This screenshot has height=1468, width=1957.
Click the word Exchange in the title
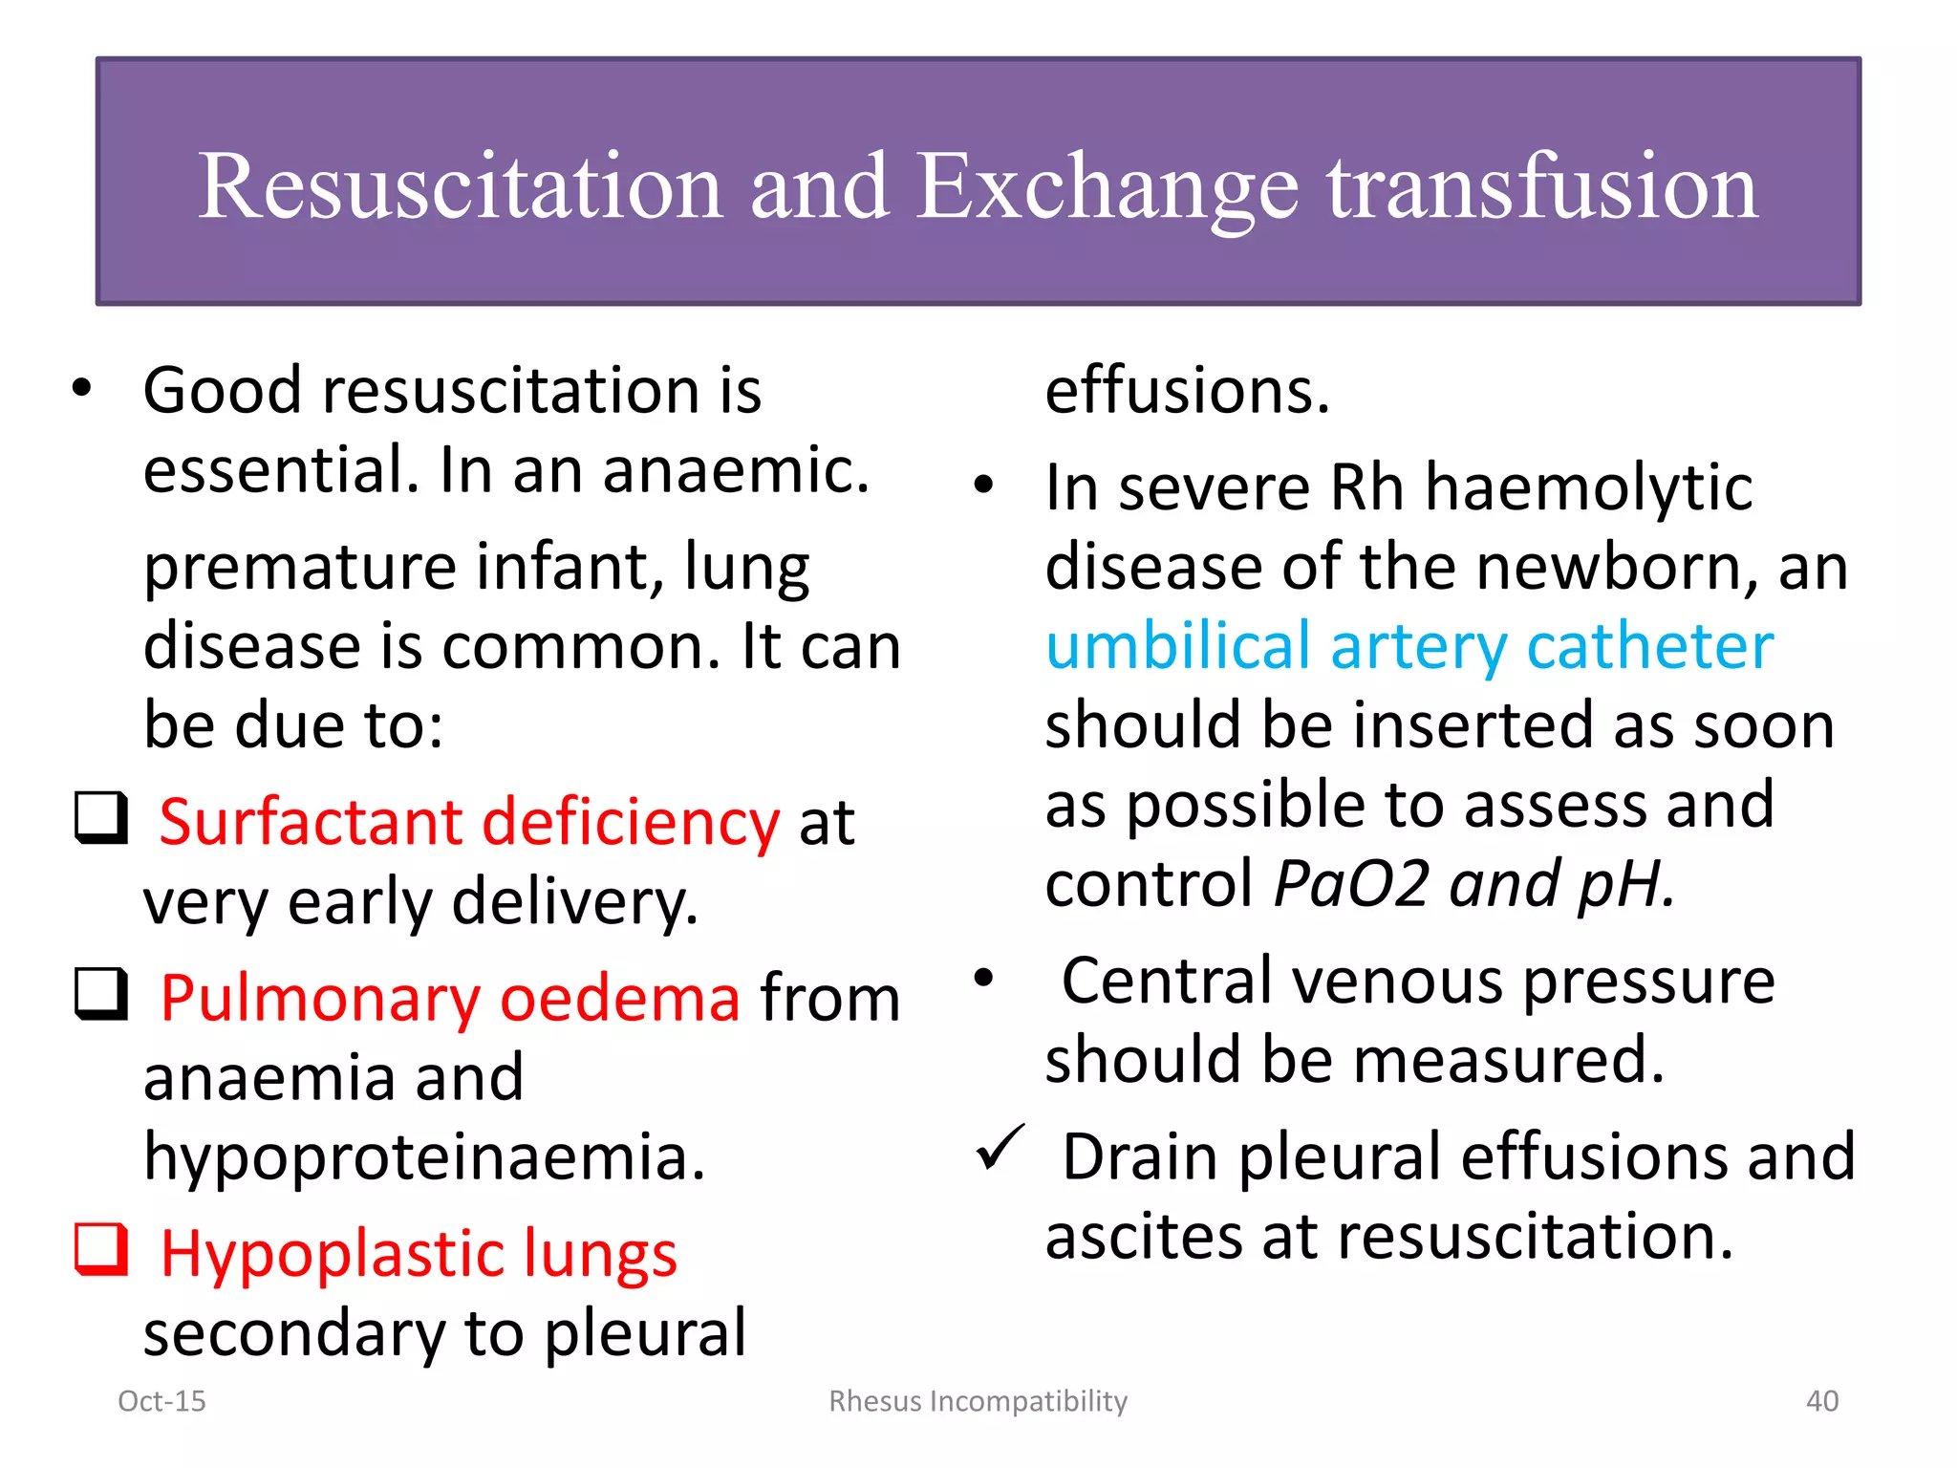1107,187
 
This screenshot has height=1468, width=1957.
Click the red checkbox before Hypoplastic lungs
101,1249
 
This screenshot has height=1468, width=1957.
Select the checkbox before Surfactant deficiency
101,818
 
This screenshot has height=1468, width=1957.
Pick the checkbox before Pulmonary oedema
101,994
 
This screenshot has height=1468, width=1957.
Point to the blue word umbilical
1177,646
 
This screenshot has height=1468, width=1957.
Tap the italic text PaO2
1351,883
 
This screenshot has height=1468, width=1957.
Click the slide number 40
1821,1401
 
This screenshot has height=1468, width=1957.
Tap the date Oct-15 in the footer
161,1401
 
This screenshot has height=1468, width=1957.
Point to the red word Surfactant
311,822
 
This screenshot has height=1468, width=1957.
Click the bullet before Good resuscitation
82,388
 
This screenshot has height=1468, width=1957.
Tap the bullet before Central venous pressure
984,977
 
